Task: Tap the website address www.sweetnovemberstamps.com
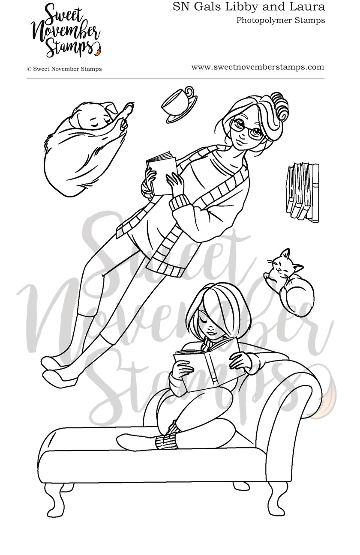click(257, 67)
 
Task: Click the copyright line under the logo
click(64, 69)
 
